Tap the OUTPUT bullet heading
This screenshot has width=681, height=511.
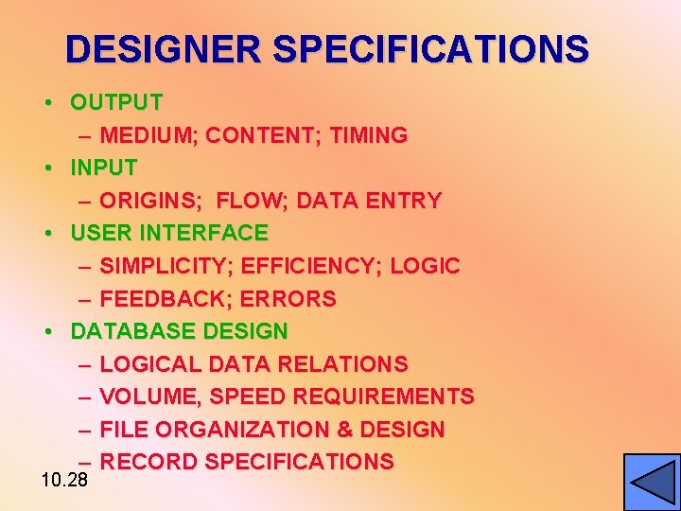(116, 102)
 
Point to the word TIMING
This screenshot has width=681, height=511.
(368, 135)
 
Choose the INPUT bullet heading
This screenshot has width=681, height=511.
(104, 168)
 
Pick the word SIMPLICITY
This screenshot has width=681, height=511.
(165, 266)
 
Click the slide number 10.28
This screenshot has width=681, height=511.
(64, 480)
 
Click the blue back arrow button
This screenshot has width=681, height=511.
(652, 482)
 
